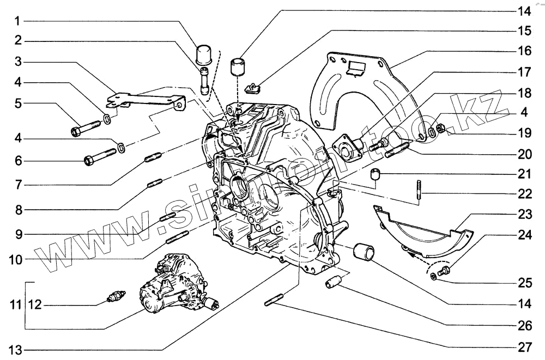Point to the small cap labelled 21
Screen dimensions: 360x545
pos(374,174)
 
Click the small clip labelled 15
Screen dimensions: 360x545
pos(253,86)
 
